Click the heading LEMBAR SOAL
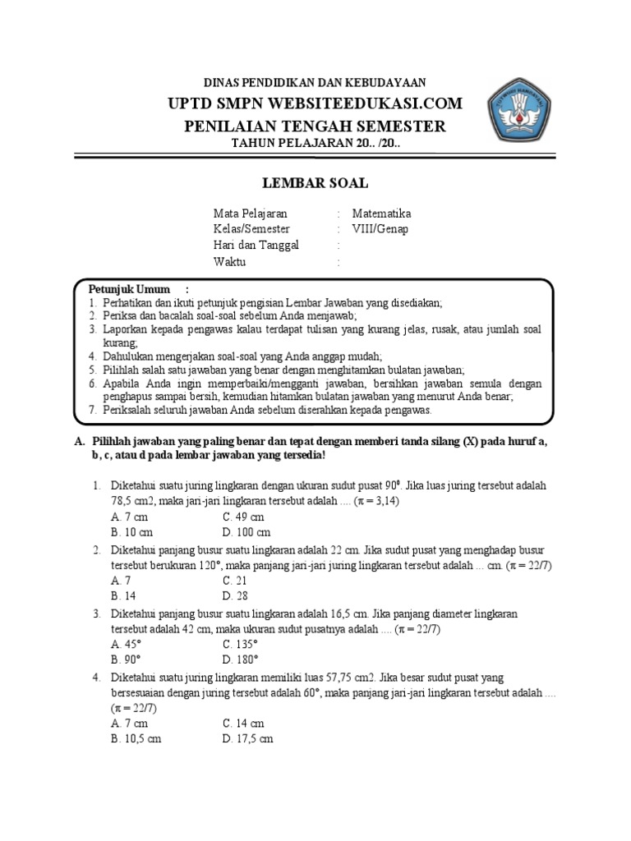(315, 183)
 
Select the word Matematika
(381, 214)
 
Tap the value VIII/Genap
(380, 229)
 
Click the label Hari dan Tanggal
(256, 246)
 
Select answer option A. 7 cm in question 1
(129, 517)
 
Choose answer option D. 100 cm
(246, 532)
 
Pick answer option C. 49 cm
(243, 517)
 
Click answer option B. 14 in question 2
(123, 595)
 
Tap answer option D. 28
(235, 595)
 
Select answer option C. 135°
(241, 644)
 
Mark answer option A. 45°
(127, 644)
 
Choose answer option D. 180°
(241, 659)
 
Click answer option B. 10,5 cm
(136, 738)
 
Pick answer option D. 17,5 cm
(247, 738)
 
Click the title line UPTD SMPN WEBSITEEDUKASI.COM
(315, 103)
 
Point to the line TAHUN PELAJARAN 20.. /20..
(315, 145)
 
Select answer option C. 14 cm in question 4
(243, 723)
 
